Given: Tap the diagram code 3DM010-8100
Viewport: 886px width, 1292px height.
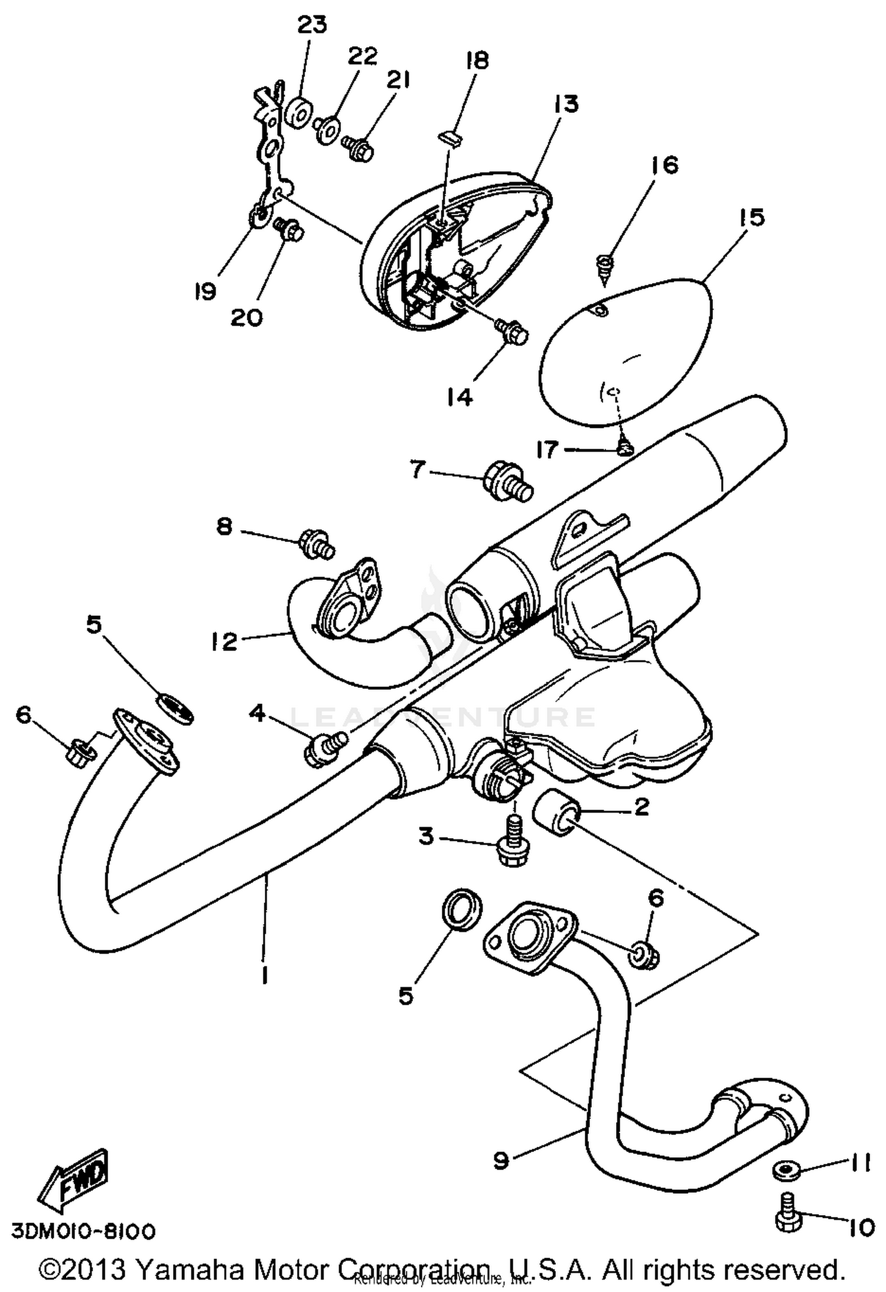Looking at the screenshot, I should pyautogui.click(x=83, y=1231).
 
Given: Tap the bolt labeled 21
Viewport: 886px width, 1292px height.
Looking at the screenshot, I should pyautogui.click(x=358, y=148).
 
